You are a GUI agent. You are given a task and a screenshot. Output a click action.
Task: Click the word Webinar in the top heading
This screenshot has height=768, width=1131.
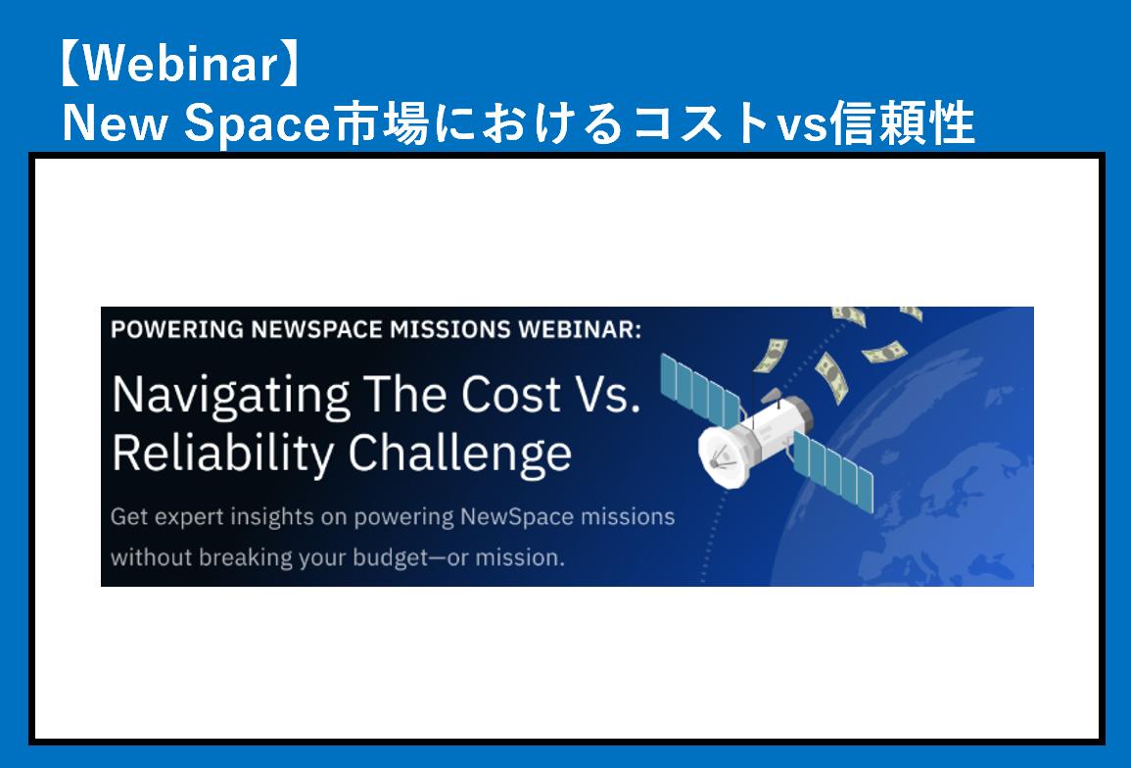(179, 64)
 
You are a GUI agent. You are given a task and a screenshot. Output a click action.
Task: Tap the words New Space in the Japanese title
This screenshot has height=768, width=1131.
(196, 123)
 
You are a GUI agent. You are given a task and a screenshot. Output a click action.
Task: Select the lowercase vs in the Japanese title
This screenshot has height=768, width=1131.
(802, 124)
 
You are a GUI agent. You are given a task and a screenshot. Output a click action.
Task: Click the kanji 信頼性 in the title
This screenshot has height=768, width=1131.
(902, 122)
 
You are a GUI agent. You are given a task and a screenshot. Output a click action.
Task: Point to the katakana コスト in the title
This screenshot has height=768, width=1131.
(701, 122)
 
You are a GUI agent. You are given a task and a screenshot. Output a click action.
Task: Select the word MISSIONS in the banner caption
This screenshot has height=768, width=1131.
(450, 329)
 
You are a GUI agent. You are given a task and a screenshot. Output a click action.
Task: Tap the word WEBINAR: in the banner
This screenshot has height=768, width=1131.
(579, 329)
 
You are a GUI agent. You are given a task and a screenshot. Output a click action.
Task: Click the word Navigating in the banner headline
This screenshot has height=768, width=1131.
(231, 397)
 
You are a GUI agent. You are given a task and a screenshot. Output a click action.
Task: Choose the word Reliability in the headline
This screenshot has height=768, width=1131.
(223, 455)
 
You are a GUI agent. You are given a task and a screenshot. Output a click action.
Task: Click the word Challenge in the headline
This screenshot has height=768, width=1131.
(460, 455)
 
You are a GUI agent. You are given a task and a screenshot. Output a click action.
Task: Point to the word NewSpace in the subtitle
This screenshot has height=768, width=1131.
(517, 517)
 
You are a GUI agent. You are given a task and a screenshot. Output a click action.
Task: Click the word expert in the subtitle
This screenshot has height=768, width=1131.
(189, 517)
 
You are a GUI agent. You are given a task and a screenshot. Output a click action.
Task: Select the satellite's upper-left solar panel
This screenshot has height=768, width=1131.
(700, 390)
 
